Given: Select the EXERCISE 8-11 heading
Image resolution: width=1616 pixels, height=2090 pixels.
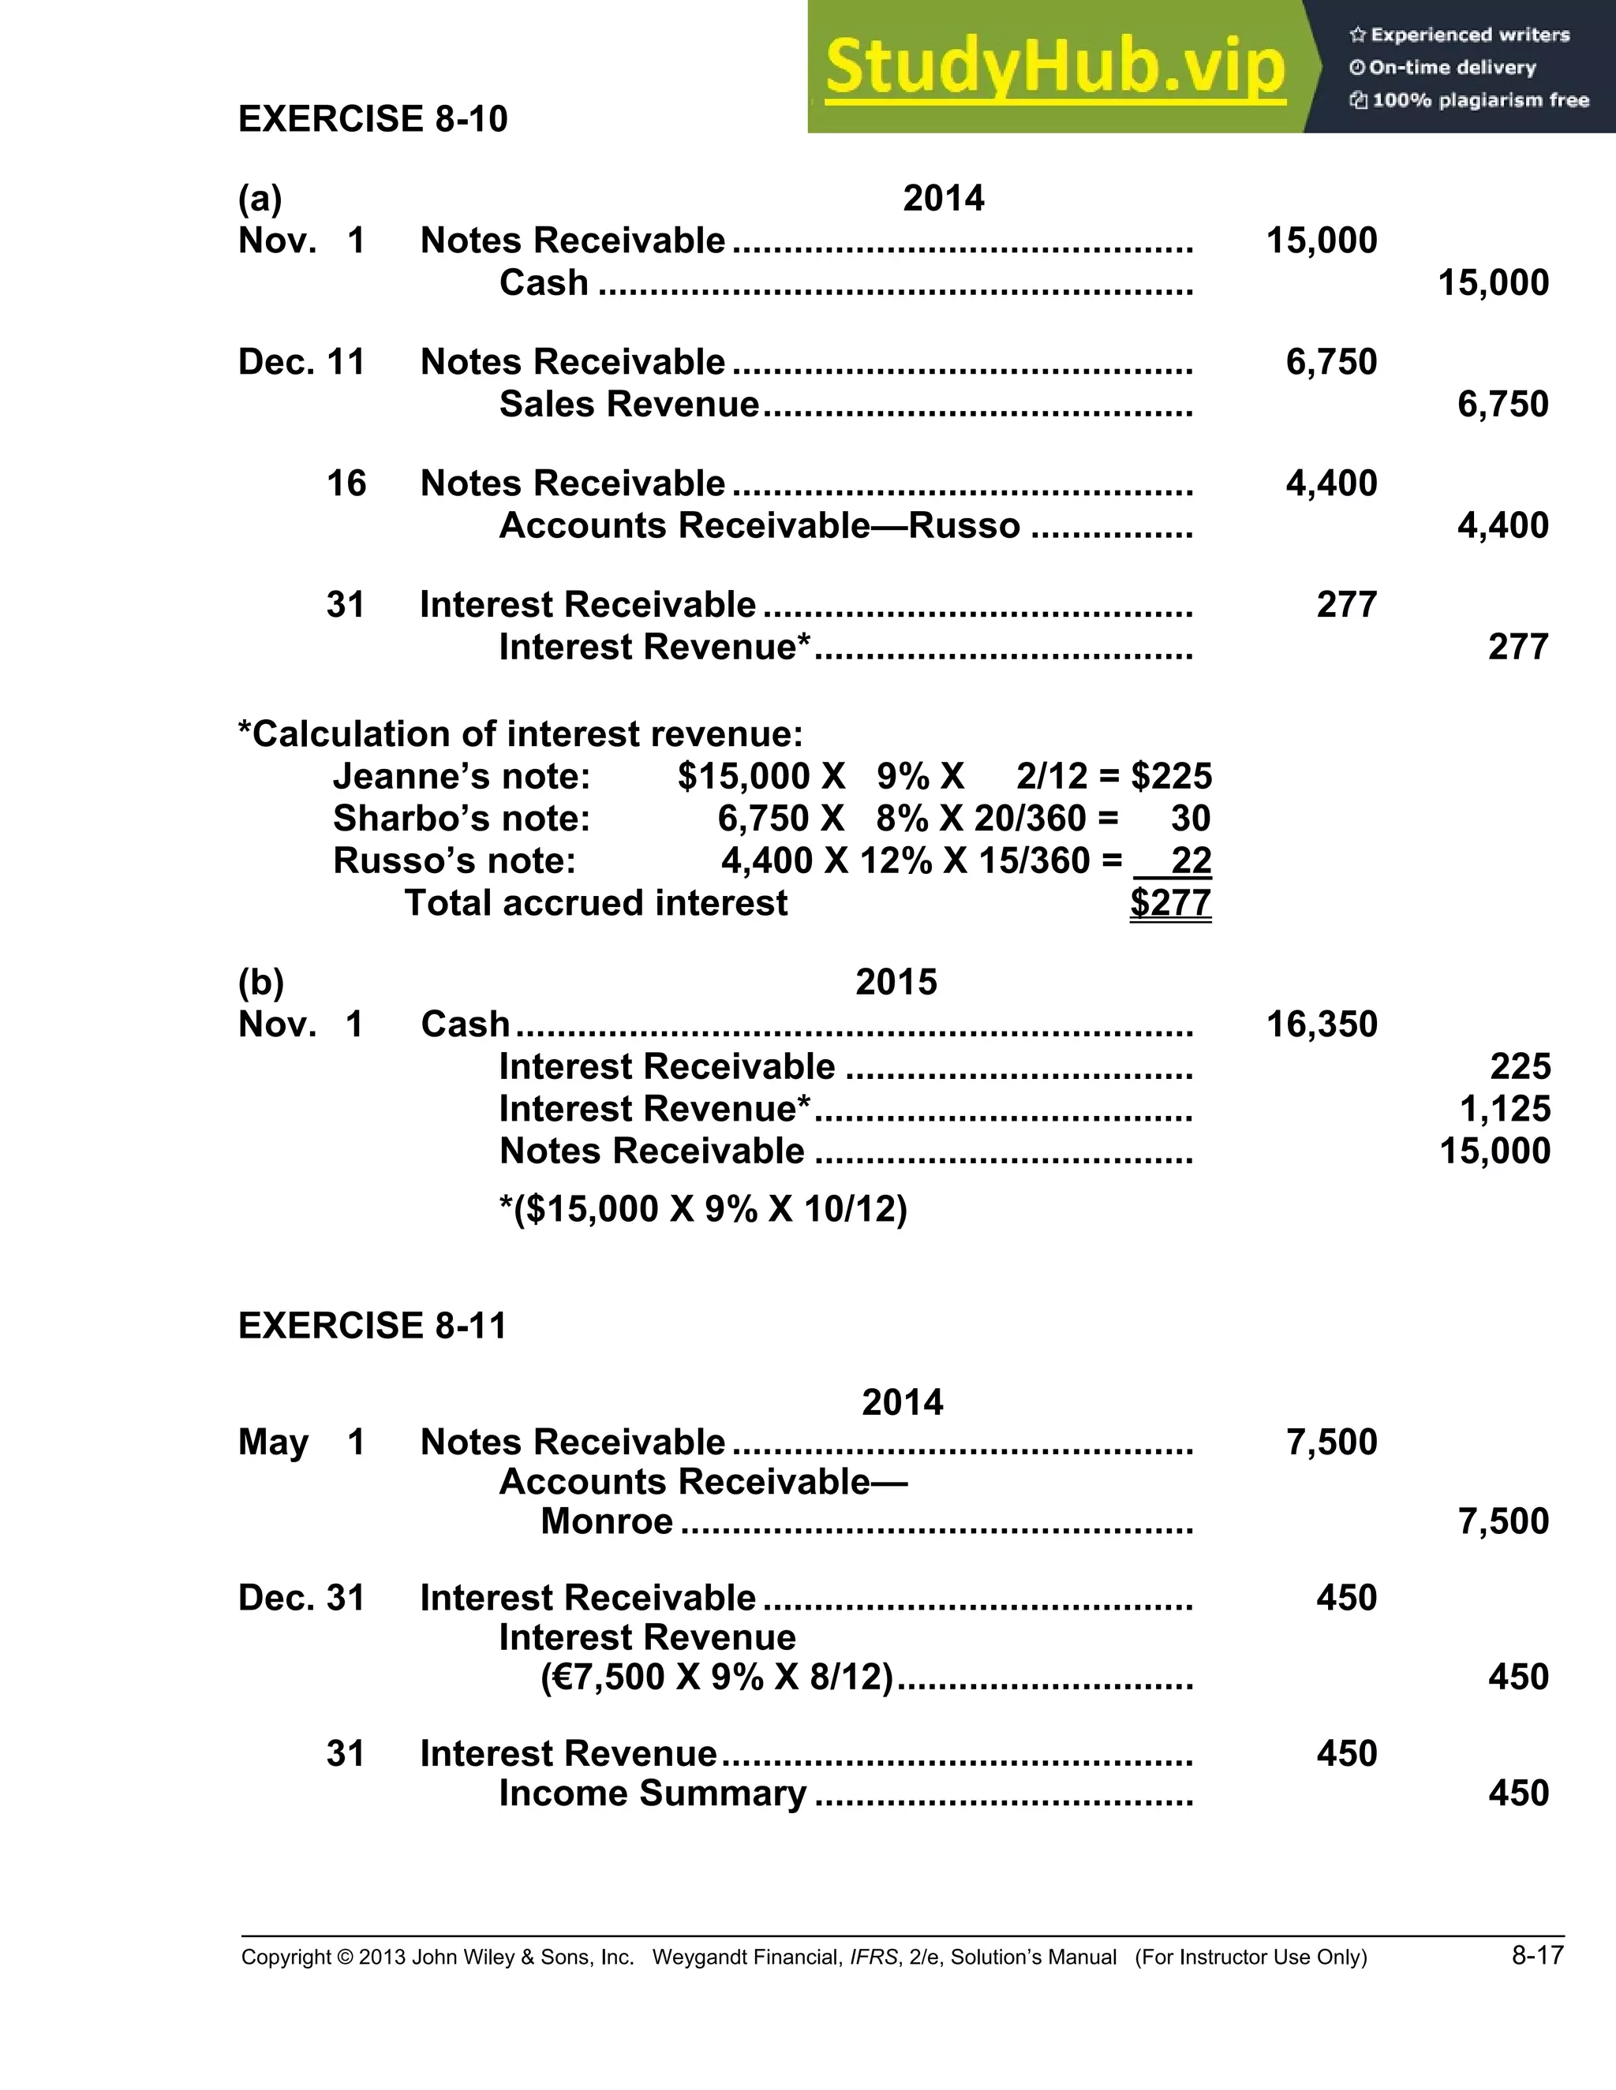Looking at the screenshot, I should pos(372,1326).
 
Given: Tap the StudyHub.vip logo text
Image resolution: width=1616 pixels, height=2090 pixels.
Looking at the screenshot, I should pos(1054,66).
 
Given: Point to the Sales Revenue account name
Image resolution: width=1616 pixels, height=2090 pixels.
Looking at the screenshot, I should pos(629,405).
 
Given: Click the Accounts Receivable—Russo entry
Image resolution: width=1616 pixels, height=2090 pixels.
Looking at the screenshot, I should pos(759,525).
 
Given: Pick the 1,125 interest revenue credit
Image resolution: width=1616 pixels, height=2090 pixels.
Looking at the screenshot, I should pos(1504,1109).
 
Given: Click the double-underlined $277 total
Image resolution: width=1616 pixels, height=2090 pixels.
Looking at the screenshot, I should pos(1170,902).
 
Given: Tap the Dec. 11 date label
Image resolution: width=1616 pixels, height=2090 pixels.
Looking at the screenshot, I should pos(301,363).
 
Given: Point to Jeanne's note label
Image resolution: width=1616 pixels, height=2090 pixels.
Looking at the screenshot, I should pos(462,776).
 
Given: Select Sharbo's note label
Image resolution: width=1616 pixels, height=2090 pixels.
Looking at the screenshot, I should pos(462,818).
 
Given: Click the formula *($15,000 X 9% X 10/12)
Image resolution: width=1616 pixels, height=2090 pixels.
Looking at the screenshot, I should pos(703,1208).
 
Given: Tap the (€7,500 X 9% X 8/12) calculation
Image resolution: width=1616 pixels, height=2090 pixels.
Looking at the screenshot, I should pos(716,1677).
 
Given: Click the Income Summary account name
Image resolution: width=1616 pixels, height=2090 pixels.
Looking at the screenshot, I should pos(653,1793).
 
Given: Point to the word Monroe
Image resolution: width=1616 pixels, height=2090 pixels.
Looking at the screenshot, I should pos(607,1521).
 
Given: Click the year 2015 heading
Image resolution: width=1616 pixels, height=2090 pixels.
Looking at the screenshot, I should pos(896,982).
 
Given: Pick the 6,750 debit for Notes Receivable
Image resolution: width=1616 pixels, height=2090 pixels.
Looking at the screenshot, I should pos(1330,363).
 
